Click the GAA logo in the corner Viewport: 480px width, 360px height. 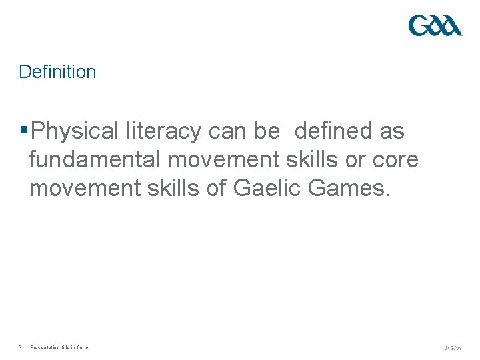(x=435, y=26)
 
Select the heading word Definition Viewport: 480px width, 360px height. (x=57, y=72)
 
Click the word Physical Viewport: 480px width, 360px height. (x=75, y=131)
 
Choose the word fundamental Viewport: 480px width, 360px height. (x=95, y=160)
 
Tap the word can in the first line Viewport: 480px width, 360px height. (x=227, y=131)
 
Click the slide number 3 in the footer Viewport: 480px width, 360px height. (x=21, y=347)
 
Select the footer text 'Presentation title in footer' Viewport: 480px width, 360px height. (x=60, y=347)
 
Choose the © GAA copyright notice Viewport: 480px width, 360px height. (x=451, y=347)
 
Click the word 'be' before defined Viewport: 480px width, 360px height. (x=267, y=131)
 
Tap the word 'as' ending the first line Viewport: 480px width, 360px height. (x=392, y=131)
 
